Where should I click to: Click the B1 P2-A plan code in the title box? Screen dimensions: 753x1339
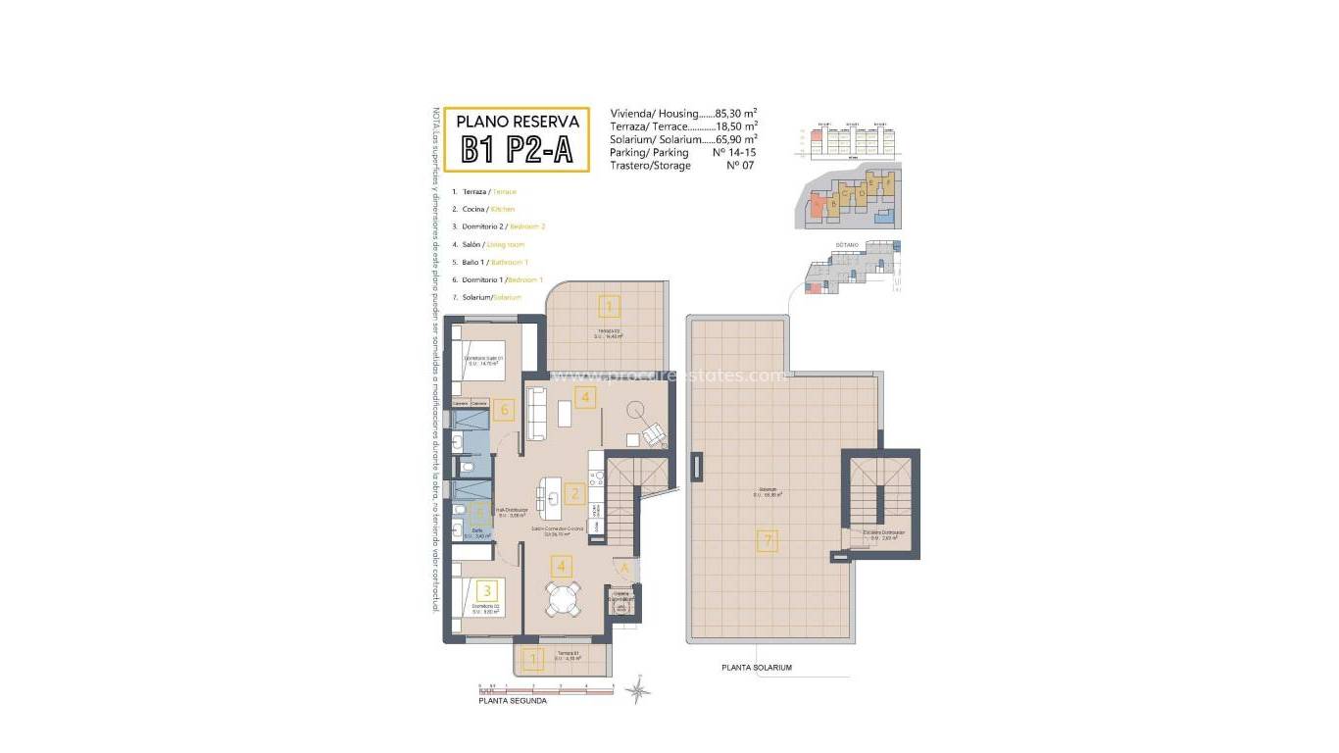517,149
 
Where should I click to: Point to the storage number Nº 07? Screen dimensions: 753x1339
736,166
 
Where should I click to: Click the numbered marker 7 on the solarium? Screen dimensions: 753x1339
768,539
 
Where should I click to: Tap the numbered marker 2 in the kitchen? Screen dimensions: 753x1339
575,494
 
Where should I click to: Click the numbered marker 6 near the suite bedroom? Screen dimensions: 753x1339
505,409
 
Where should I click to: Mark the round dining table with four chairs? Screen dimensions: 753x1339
563,597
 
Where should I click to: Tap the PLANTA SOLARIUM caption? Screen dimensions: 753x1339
756,668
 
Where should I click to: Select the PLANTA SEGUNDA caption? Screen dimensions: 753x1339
513,701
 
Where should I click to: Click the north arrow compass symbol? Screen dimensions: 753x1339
638,691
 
